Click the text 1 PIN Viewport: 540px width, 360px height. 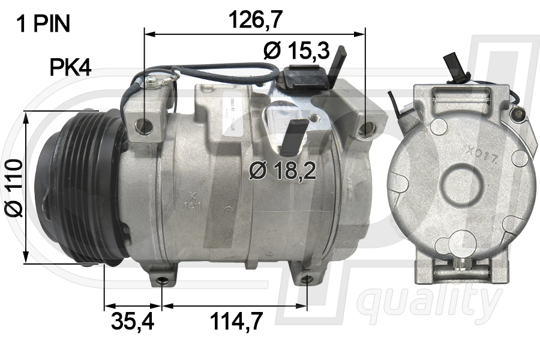43,24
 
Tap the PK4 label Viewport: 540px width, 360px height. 70,68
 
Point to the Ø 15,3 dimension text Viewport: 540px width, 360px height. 296,51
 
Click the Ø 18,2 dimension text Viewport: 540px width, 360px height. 283,172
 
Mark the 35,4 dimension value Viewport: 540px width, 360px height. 133,322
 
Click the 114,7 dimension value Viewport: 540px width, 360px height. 236,322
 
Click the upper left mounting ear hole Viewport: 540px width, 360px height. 143,125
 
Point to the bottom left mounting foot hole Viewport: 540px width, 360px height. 161,280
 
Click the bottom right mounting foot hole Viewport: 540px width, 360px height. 307,279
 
